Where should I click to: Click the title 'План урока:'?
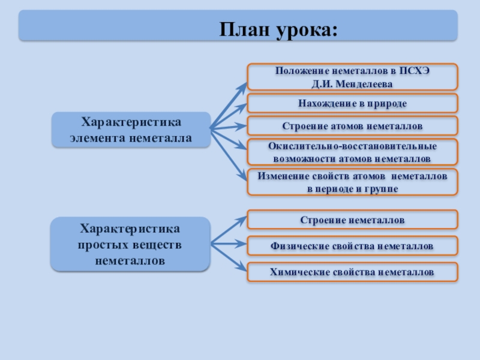278,29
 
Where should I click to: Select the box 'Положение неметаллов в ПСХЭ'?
352,76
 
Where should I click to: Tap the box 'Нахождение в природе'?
352,103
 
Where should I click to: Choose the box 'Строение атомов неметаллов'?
352,126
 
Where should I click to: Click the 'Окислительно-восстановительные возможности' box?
352,152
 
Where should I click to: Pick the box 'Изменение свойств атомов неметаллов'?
352,182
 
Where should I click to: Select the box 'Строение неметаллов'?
352,220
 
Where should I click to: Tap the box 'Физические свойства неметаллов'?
352,246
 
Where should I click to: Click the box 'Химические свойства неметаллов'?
352,272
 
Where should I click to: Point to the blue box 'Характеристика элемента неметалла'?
131,130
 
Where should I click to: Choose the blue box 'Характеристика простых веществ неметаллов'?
130,244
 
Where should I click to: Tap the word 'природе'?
386,103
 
